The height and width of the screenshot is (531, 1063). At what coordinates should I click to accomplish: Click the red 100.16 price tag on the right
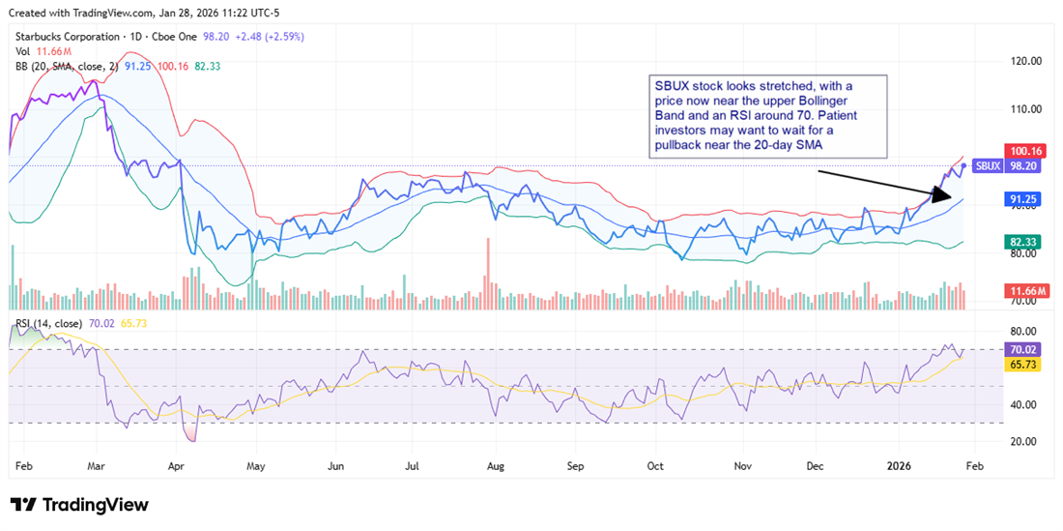(x=1022, y=151)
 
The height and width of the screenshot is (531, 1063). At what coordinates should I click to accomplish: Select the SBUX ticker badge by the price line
(x=987, y=166)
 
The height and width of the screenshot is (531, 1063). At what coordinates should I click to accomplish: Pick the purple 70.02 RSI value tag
(x=1022, y=349)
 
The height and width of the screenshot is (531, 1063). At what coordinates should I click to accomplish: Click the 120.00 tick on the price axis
(x=1022, y=60)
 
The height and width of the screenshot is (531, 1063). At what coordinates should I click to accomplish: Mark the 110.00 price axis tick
(x=1022, y=108)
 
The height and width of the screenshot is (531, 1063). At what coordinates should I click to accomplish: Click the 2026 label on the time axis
(x=903, y=465)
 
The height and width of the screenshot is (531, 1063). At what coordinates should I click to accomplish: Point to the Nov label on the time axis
(x=742, y=465)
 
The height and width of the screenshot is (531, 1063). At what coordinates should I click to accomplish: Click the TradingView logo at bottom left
(x=79, y=505)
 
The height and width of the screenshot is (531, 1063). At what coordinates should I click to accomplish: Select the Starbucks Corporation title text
(x=62, y=37)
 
